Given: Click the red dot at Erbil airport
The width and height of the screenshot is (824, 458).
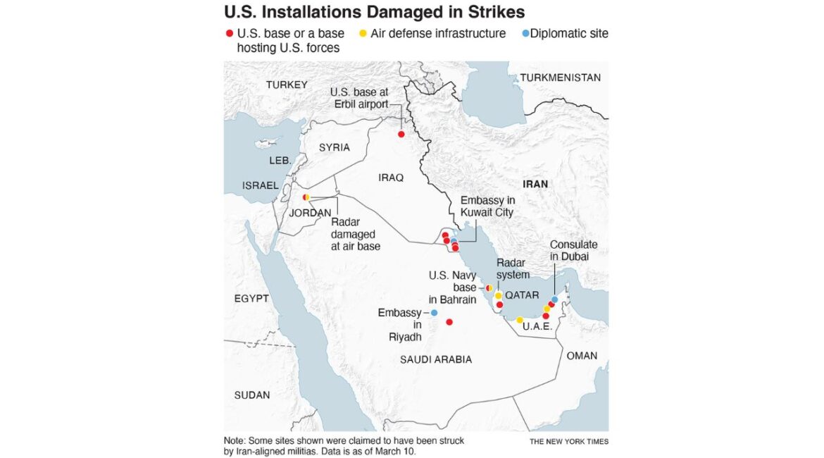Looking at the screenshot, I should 401,134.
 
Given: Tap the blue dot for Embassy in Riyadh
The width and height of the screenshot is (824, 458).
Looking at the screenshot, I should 434,313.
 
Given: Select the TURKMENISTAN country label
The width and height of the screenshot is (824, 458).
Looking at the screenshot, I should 560,78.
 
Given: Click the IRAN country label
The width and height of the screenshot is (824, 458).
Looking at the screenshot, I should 535,184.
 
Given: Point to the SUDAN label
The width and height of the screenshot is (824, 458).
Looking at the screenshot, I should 252,395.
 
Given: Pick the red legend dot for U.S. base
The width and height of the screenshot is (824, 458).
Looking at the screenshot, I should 228,34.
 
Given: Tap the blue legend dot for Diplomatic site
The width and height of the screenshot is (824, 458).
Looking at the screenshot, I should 525,34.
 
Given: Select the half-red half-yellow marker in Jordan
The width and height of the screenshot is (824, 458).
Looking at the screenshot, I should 306,197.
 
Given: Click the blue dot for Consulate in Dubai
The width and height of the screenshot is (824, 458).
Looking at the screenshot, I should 555,299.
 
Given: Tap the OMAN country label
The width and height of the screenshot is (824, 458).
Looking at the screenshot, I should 582,356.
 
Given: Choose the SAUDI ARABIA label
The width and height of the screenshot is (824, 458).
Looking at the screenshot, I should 436,360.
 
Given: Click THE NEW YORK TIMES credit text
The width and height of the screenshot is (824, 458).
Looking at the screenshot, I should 569,442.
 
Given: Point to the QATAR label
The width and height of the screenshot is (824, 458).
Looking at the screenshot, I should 522,296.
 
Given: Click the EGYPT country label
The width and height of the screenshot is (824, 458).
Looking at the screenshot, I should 251,299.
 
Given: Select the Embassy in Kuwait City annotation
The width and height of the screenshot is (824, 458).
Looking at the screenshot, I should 487,206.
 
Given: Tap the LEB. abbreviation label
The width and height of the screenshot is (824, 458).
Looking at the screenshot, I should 280,161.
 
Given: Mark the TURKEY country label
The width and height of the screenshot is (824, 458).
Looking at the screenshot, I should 287,85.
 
